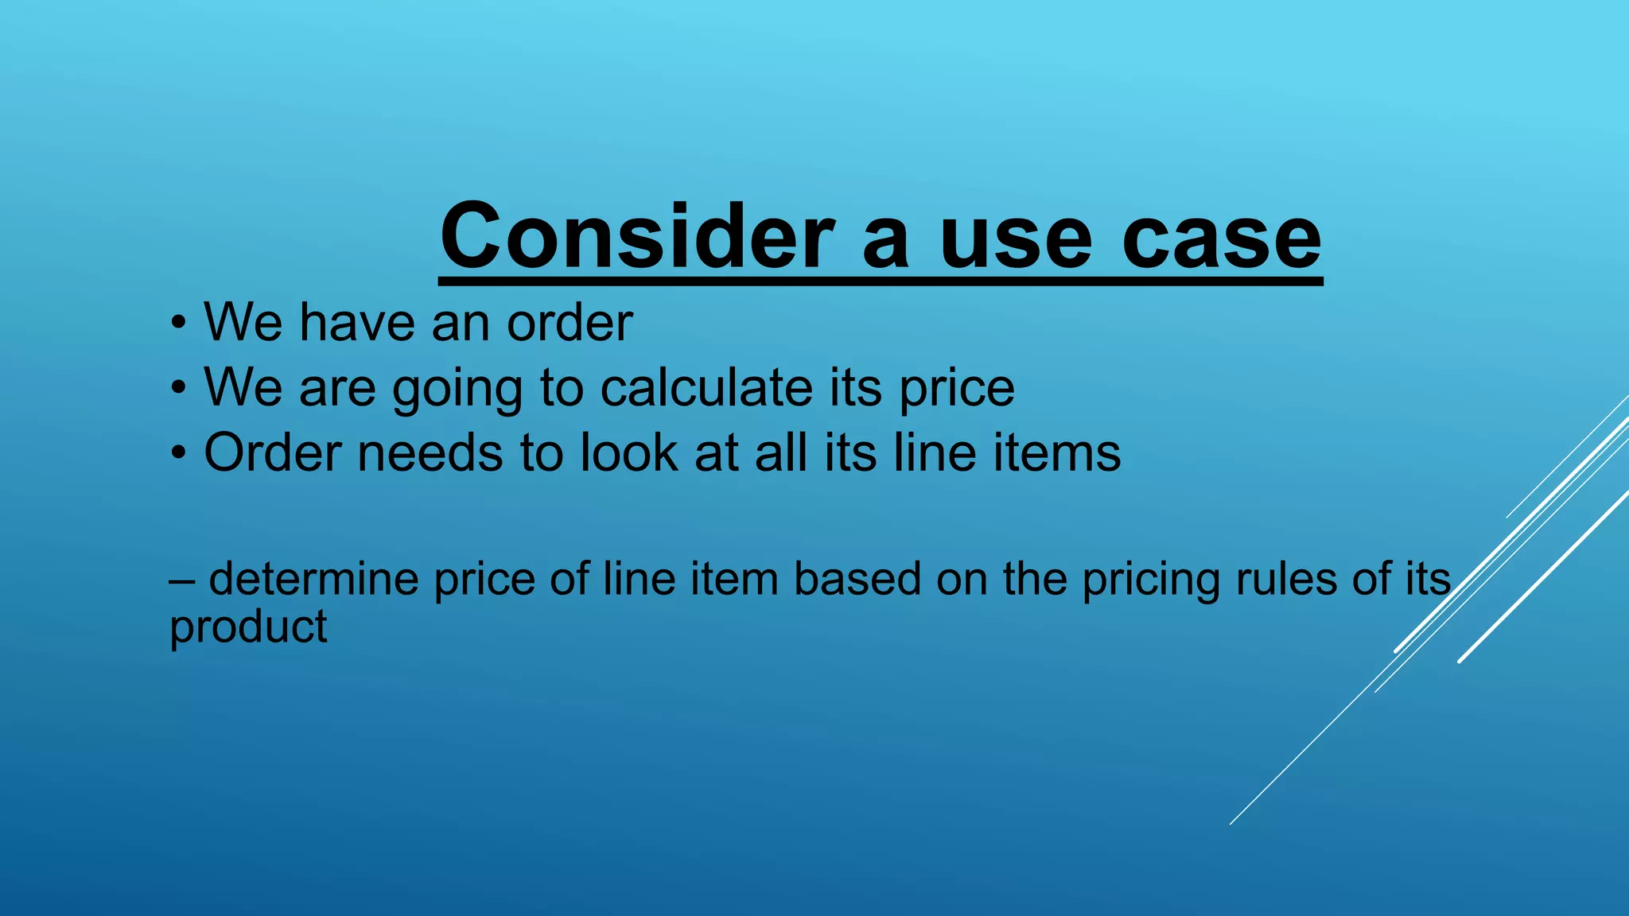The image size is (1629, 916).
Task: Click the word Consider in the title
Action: pyautogui.click(x=637, y=236)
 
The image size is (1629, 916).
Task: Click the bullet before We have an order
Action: pyautogui.click(x=179, y=323)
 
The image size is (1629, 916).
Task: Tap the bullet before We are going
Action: pyautogui.click(x=179, y=388)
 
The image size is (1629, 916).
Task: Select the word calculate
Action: pyautogui.click(x=706, y=388)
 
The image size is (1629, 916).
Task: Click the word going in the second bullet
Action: pyautogui.click(x=457, y=390)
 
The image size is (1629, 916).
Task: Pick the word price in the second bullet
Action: pyautogui.click(x=957, y=390)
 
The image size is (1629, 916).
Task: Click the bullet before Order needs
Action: pyautogui.click(x=179, y=453)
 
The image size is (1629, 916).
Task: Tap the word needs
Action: pyautogui.click(x=430, y=453)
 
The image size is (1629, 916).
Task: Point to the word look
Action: pyautogui.click(x=628, y=453)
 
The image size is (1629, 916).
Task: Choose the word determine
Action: pyautogui.click(x=313, y=579)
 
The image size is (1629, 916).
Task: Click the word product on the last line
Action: pyautogui.click(x=248, y=628)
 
